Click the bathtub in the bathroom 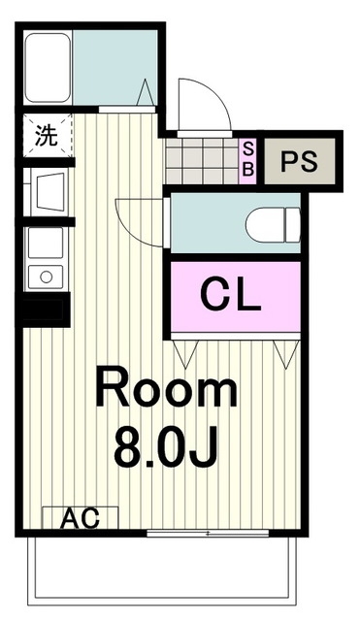[48, 67]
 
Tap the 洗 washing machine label [47, 136]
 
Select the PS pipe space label [299, 161]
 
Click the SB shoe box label [248, 159]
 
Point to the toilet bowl [273, 224]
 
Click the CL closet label [231, 295]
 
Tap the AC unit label [80, 518]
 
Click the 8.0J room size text [166, 446]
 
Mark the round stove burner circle [47, 277]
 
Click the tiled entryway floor [202, 161]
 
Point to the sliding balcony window [208, 534]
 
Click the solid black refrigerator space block [46, 310]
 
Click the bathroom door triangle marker [145, 93]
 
